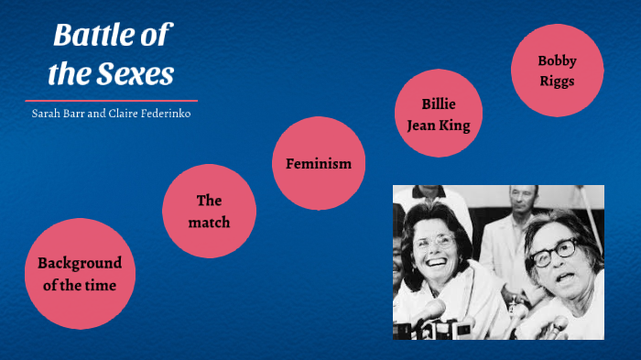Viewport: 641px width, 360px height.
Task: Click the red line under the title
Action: point(111,100)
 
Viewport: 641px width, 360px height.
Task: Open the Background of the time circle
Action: point(79,273)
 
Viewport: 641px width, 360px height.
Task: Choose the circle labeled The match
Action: point(209,211)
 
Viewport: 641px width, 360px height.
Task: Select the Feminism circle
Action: point(319,163)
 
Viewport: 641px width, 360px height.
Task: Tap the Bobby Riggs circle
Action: point(557,71)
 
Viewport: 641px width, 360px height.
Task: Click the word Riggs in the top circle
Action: point(557,81)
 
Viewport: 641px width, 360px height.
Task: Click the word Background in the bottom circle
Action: point(80,263)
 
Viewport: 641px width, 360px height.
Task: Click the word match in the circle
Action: point(209,222)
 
